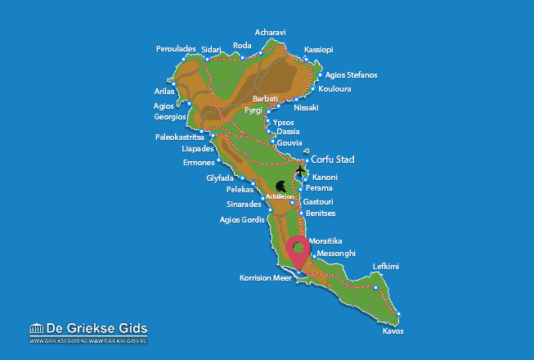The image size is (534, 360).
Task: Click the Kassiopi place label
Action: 318,49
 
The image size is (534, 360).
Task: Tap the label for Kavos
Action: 393,331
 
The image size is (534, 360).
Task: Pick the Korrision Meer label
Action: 266,278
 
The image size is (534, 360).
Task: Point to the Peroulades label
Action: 176,49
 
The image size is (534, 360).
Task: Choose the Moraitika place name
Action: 325,241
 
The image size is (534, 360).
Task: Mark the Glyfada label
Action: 220,178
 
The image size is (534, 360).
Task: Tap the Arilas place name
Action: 164,91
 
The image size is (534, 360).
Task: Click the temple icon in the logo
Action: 36,329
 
